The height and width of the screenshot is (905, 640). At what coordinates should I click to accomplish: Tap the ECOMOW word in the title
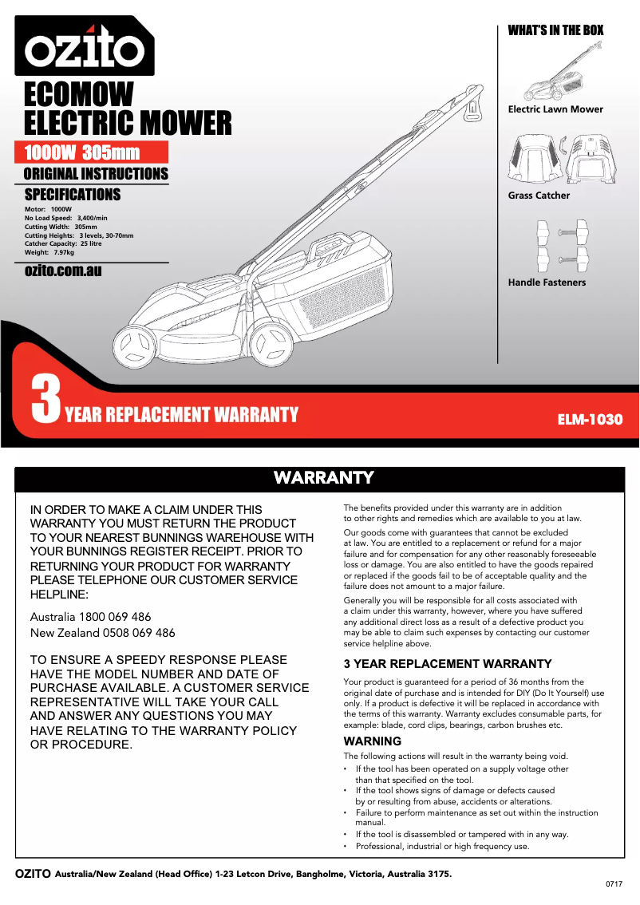click(79, 95)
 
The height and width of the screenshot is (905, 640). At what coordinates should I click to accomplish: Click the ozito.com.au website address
click(63, 271)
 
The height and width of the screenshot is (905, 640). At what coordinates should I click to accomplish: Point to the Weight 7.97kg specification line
click(49, 252)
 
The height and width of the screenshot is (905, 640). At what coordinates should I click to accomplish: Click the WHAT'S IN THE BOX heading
click(555, 30)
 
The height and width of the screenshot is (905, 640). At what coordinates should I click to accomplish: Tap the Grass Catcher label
click(539, 196)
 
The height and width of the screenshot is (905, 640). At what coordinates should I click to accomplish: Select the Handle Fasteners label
click(547, 283)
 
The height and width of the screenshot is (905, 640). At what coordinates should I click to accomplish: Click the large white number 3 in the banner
click(46, 401)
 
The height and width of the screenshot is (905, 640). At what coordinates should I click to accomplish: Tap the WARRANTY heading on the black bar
click(323, 478)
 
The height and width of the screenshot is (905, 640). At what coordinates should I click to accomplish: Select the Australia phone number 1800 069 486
click(114, 617)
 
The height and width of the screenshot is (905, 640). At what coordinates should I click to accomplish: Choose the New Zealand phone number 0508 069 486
click(127, 633)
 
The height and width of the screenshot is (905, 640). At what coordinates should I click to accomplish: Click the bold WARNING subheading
click(372, 741)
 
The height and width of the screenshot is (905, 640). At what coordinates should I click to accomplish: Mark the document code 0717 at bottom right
click(614, 885)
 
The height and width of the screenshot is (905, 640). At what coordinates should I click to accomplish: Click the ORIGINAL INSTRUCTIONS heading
click(96, 174)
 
